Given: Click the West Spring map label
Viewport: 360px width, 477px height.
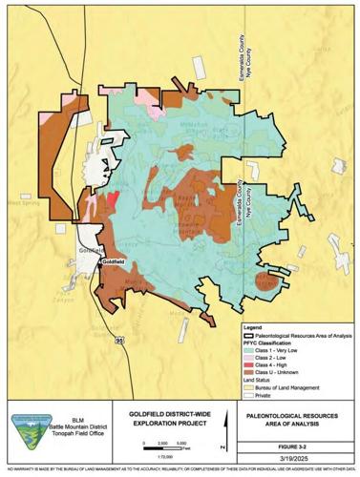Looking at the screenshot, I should tap(21, 202).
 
